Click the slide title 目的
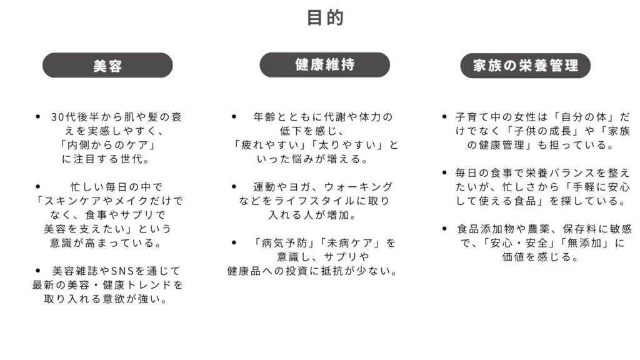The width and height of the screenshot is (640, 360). coord(325,17)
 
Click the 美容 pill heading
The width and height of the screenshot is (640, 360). coord(107,66)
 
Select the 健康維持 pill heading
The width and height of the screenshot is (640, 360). coord(325,64)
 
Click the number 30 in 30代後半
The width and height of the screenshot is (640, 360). coord(57,117)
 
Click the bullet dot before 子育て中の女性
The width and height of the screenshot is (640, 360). coord(444,117)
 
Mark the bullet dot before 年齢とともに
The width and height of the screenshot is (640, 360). coord(234,117)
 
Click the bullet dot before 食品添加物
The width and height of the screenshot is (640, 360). coord(444,229)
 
